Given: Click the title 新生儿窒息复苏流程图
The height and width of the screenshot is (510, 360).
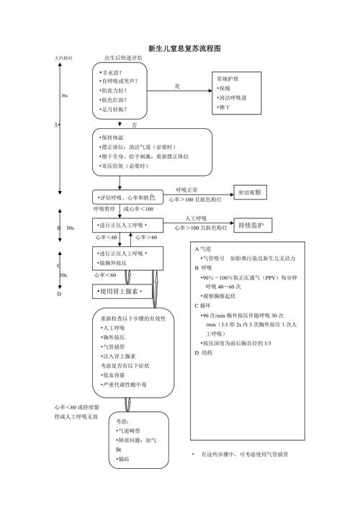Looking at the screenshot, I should (x=184, y=48).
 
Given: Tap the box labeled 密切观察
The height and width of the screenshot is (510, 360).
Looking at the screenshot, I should (x=251, y=192).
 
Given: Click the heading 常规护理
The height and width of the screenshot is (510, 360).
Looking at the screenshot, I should (x=228, y=77).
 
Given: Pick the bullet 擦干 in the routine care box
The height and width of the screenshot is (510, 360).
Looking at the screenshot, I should (x=225, y=107).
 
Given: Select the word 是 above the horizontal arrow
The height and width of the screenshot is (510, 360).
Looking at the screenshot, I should (x=177, y=86).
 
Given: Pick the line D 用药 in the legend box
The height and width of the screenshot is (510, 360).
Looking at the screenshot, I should (x=204, y=353).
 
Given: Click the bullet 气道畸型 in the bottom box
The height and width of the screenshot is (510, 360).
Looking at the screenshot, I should (x=130, y=429).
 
